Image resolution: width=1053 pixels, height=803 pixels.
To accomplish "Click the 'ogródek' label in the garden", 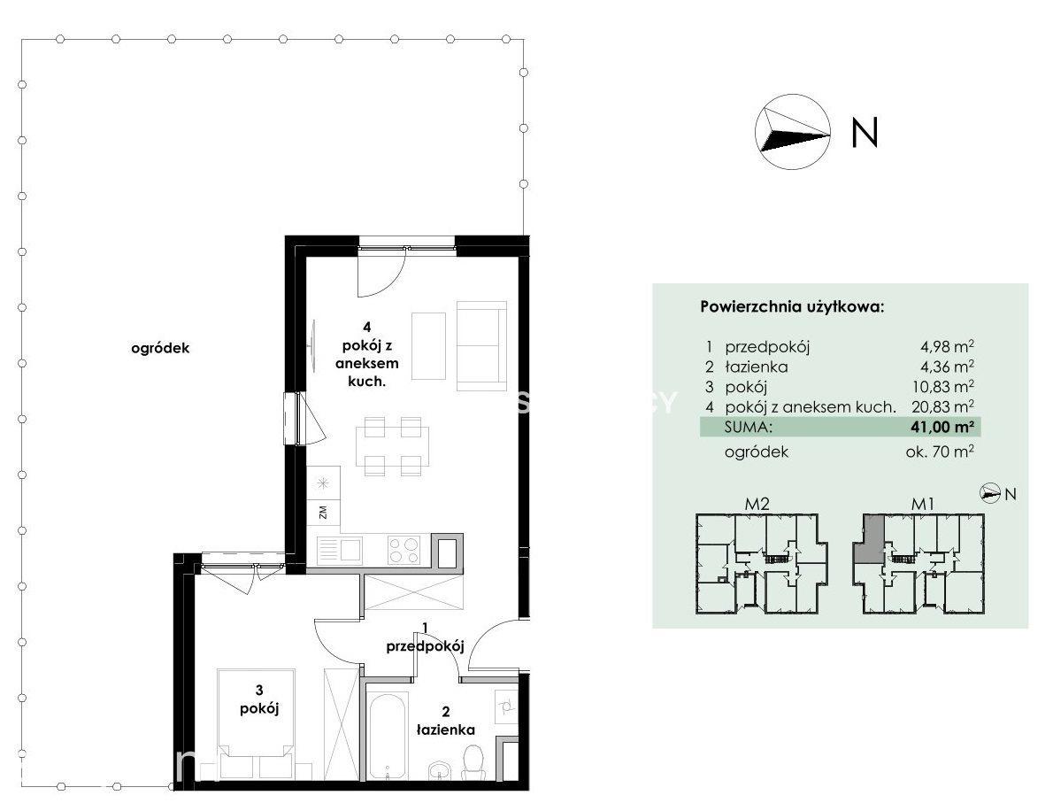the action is (x=160, y=349).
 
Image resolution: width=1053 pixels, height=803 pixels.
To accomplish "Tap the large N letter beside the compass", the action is (x=865, y=133).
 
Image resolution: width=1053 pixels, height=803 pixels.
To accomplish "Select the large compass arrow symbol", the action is (x=793, y=131).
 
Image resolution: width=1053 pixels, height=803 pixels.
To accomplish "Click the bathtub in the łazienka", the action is (x=387, y=736).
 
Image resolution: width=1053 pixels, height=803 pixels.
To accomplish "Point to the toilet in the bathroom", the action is (x=475, y=765).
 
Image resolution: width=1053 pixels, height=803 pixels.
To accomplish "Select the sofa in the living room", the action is (x=481, y=345).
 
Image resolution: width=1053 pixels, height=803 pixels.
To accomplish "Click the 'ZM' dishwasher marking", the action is (x=323, y=513).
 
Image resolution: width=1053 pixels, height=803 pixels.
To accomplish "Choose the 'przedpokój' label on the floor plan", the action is (x=425, y=647).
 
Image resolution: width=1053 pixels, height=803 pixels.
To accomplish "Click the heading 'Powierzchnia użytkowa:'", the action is (x=793, y=308).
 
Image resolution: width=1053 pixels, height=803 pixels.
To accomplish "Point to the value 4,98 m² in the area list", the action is (x=947, y=347).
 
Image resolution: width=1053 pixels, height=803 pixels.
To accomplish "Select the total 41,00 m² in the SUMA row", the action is (x=943, y=427).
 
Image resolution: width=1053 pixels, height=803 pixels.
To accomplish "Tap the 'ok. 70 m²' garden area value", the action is (x=940, y=452).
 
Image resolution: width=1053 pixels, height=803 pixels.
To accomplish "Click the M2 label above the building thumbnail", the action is (x=757, y=503).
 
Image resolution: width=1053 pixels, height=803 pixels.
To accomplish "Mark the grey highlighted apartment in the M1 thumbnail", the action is (x=868, y=539).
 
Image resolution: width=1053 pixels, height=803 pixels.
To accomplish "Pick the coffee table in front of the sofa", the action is (x=428, y=345).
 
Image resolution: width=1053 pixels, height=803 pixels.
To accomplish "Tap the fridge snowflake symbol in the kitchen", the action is (x=323, y=483).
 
